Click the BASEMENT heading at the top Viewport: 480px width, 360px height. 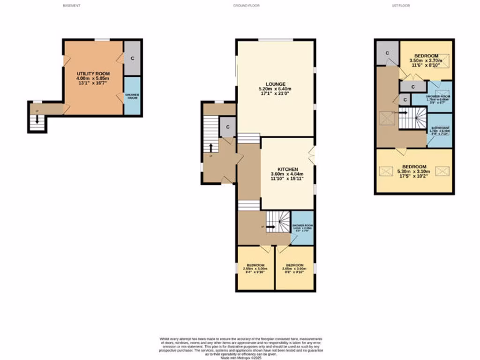(x=72, y=6)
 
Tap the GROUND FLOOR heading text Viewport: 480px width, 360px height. (x=246, y=6)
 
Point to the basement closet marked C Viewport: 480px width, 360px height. (x=132, y=58)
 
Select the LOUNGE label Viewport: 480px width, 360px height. (x=275, y=84)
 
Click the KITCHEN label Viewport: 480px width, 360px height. (x=287, y=169)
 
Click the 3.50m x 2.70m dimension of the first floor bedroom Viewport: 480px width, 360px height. (x=426, y=60)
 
